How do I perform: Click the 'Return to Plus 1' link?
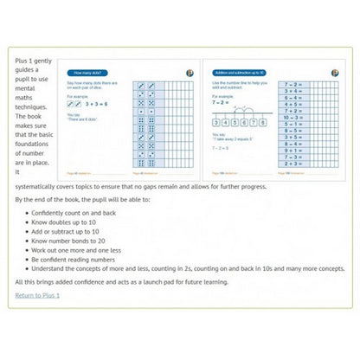tap(37, 295)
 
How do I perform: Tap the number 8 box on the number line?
tap(263, 122)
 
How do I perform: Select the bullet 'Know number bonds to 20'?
tap(77, 243)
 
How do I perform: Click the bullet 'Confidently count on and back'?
tap(81, 211)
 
